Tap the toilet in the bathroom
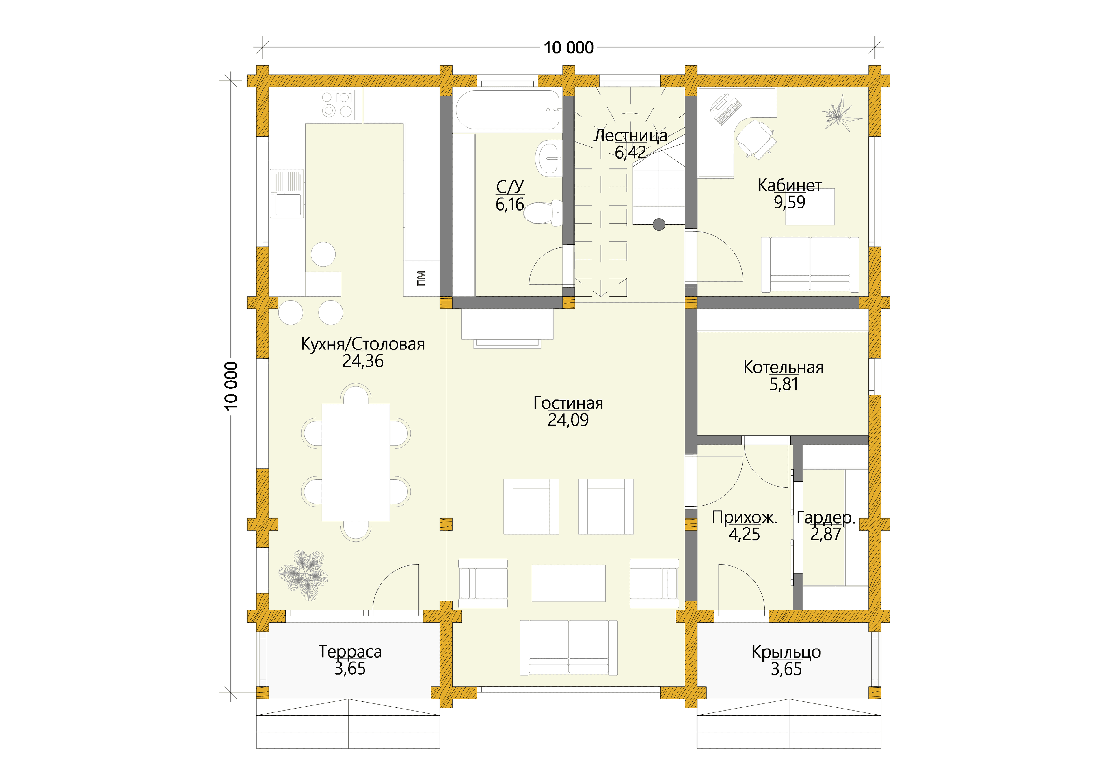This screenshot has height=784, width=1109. (544, 213)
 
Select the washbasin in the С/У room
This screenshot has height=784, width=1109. (549, 157)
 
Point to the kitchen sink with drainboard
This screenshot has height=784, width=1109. (287, 193)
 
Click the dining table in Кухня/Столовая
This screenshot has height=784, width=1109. (356, 462)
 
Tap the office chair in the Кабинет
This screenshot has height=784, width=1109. (756, 138)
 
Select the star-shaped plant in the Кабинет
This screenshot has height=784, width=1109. (840, 113)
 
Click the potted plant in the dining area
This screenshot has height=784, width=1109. (303, 575)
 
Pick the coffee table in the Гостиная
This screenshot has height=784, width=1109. (569, 584)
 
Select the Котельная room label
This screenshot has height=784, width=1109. (784, 367)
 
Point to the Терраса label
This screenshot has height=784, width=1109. (350, 652)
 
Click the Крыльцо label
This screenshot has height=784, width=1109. (786, 652)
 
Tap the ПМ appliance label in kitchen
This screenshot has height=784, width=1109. (421, 278)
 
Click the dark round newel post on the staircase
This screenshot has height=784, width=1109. (659, 224)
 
